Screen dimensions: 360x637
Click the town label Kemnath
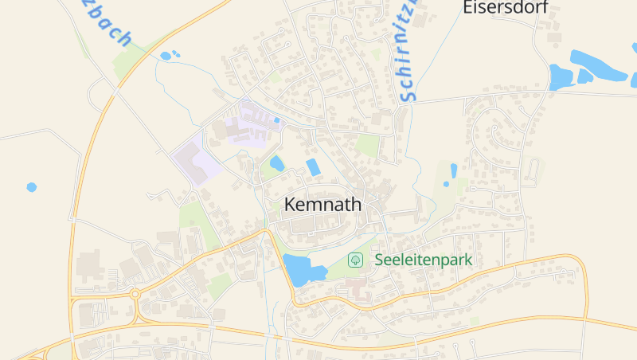322,205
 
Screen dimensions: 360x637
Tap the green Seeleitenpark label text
423,260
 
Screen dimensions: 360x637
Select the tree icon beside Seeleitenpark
355,260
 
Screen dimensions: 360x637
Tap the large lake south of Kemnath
302,270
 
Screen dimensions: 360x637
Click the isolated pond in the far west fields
31,187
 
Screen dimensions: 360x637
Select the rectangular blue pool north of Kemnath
313,167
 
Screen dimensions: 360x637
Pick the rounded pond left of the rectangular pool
276,163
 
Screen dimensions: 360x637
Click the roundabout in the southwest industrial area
135,294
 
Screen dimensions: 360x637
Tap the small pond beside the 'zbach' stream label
166,56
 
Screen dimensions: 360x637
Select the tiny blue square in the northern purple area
276,120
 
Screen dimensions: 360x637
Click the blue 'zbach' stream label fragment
104,24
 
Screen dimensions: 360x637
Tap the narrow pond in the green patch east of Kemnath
453,170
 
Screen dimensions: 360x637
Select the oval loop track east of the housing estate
531,168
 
